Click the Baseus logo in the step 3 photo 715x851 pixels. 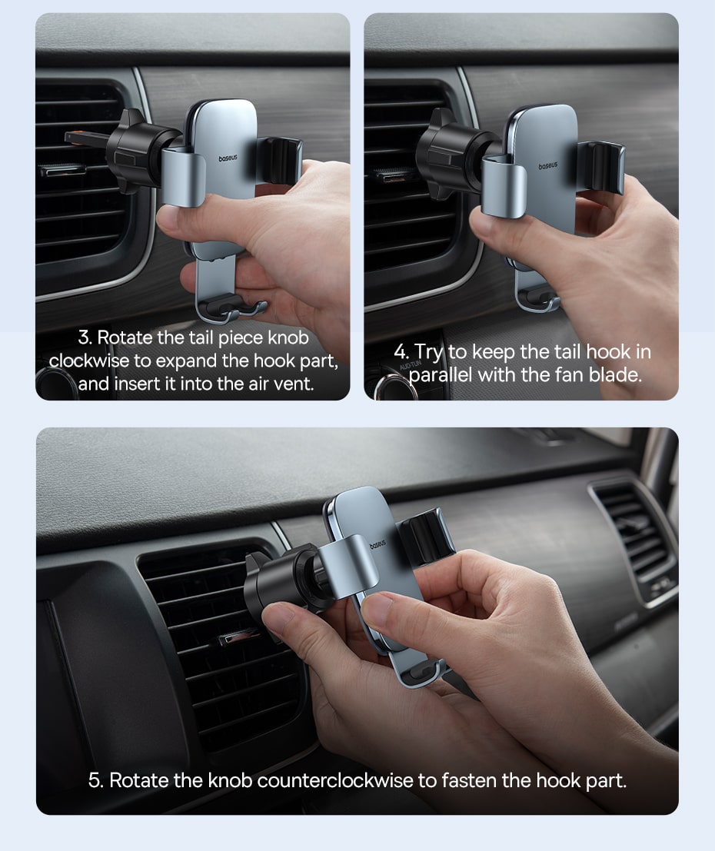point(228,158)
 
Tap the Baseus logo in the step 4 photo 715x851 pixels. point(548,165)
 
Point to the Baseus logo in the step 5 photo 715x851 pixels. point(377,544)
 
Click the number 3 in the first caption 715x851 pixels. point(84,337)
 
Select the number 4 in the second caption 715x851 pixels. point(400,351)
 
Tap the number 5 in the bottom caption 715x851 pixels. point(95,780)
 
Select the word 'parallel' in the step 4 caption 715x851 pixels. point(441,374)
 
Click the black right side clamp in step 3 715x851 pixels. point(281,160)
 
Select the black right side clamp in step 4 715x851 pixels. point(601,166)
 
